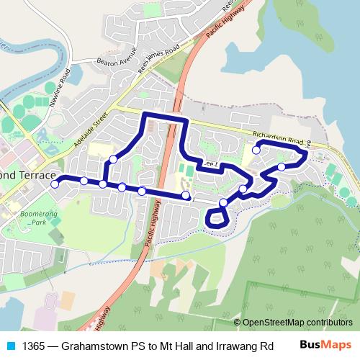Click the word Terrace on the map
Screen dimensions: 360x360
click(34, 175)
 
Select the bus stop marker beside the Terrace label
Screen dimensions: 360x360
click(55, 184)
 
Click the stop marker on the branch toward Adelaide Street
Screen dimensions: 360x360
click(113, 159)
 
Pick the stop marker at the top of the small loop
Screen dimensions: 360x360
click(223, 204)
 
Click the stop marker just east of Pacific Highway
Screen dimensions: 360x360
click(186, 195)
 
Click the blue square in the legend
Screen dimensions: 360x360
click(10, 345)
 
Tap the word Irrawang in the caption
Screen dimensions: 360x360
click(230, 345)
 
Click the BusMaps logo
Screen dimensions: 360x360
click(324, 344)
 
